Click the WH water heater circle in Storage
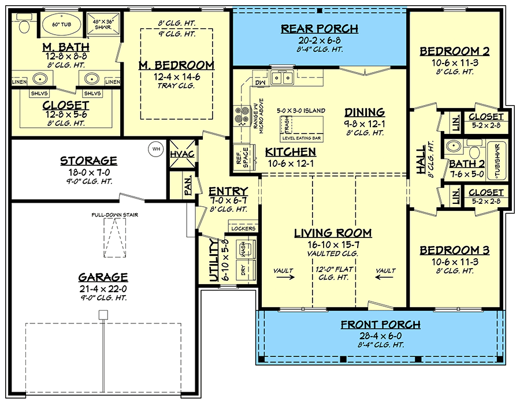(x=156, y=149)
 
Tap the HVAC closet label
(x=182, y=154)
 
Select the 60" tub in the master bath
(x=62, y=24)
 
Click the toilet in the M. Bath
(x=24, y=24)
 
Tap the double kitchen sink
(x=282, y=78)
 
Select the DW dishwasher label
(x=261, y=82)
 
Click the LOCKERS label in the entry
(x=243, y=228)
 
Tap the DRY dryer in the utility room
(x=244, y=270)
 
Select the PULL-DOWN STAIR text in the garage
(x=115, y=215)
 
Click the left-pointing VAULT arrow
(x=385, y=277)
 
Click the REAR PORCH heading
(x=320, y=29)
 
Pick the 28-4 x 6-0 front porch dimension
(x=381, y=336)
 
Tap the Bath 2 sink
(x=452, y=146)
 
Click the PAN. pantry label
(x=188, y=185)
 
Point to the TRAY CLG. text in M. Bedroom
(x=176, y=86)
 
